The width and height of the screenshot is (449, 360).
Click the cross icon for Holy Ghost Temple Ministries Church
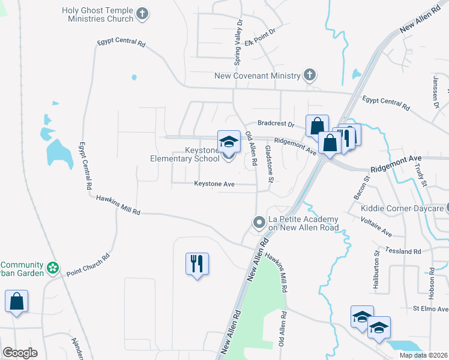tap(142, 14)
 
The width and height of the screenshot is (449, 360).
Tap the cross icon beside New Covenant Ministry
tap(309, 76)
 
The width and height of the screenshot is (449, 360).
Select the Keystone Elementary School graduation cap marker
tap(229, 142)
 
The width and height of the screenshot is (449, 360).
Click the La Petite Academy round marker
tap(259, 223)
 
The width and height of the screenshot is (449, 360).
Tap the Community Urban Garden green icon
tap(53, 267)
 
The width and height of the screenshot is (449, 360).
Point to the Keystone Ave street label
tap(214, 184)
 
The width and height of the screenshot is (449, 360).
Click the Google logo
tap(20, 353)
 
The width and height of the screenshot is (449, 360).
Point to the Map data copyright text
tap(423, 355)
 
